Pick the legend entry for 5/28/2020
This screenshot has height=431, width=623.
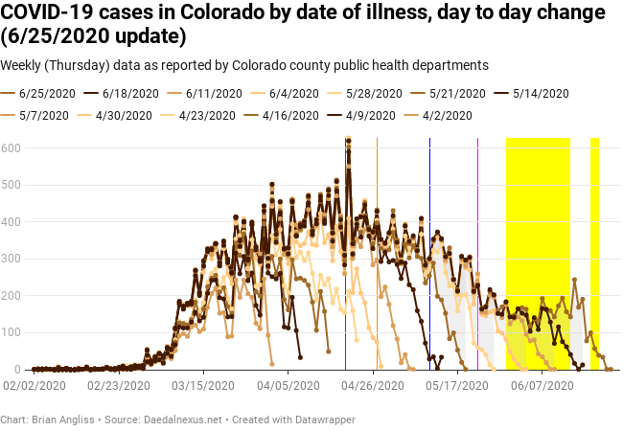(x=373, y=94)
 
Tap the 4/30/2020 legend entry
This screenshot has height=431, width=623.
(x=124, y=115)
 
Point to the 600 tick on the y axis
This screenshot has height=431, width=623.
(x=12, y=147)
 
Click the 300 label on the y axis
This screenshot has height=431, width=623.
(x=12, y=259)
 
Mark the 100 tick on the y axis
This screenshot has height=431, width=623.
(x=12, y=332)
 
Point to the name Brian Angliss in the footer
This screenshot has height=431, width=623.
(x=64, y=420)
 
